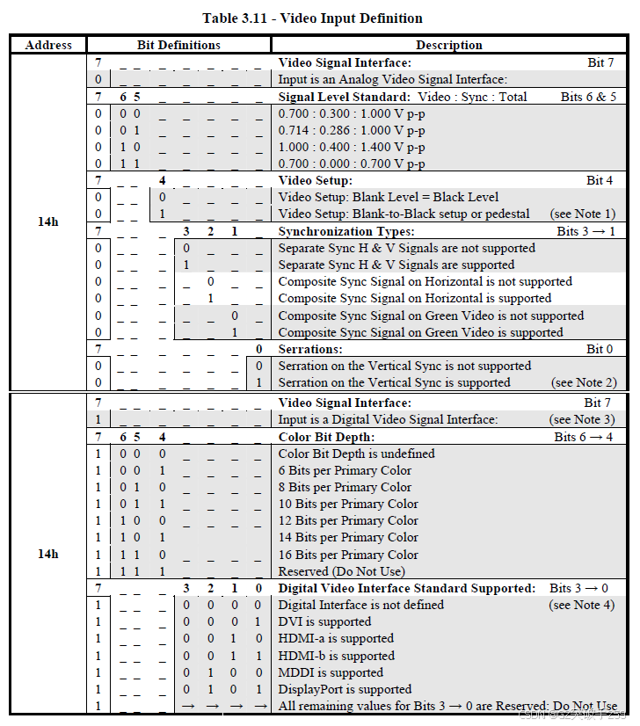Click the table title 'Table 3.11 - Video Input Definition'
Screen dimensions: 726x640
tap(312, 18)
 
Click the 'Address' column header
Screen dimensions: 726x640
tap(48, 45)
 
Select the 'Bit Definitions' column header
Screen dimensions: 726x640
tap(178, 45)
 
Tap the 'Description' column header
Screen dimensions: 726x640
tap(448, 45)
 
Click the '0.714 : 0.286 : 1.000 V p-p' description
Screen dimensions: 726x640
tap(352, 130)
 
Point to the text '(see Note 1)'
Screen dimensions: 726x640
tap(583, 214)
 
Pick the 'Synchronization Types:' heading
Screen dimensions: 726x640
tap(346, 231)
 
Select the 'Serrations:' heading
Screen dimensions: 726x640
tap(310, 349)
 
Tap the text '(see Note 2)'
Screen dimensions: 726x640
tap(583, 382)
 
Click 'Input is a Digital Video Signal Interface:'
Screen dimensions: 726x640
tap(388, 419)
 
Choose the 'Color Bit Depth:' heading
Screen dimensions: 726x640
tap(326, 437)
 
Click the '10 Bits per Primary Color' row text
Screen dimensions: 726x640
tap(348, 504)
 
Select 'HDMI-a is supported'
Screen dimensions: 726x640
tap(336, 638)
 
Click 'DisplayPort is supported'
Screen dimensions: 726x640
tap(345, 689)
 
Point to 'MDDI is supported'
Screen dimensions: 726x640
tap(331, 672)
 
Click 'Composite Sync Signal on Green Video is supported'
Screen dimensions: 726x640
tap(420, 332)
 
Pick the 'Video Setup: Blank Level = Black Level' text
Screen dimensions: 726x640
tap(388, 197)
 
